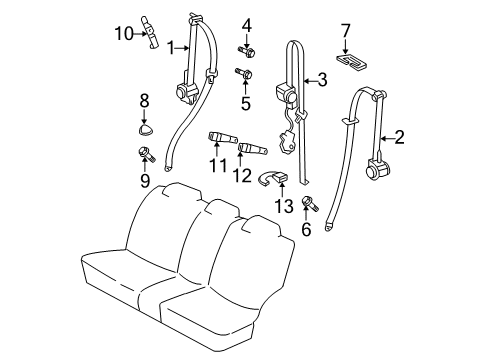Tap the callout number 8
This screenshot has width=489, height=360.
144,100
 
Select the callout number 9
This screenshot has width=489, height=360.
144,180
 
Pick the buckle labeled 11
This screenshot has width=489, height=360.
220,137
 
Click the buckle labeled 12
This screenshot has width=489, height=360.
251,148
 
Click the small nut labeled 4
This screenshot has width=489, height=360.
245,50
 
